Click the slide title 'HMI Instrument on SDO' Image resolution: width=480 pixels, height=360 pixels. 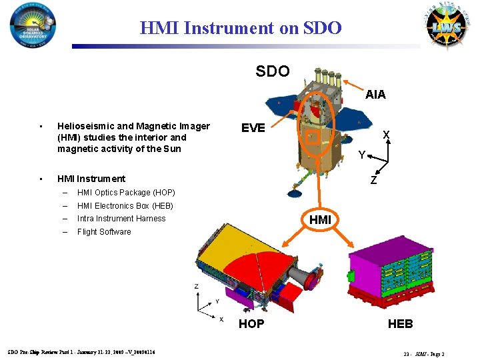[x=241, y=28]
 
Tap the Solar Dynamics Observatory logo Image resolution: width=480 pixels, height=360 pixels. [x=33, y=27]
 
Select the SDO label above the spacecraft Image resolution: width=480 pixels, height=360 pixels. [x=273, y=71]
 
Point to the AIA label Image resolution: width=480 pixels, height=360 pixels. [x=375, y=95]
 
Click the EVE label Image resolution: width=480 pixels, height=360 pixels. [x=253, y=128]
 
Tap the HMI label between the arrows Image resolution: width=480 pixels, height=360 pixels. [x=320, y=219]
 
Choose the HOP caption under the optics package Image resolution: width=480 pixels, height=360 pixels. [x=251, y=324]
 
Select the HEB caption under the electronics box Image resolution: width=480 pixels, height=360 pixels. [x=401, y=324]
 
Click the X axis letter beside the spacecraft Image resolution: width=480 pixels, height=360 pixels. [x=385, y=135]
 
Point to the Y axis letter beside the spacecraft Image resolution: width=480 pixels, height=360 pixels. [x=361, y=155]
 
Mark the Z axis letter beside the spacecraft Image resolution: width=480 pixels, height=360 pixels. [x=374, y=181]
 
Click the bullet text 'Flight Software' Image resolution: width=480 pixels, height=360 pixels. [x=104, y=232]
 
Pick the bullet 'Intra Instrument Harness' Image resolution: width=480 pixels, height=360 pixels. [x=121, y=219]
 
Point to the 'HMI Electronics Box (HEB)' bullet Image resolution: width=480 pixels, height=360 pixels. [x=125, y=206]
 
